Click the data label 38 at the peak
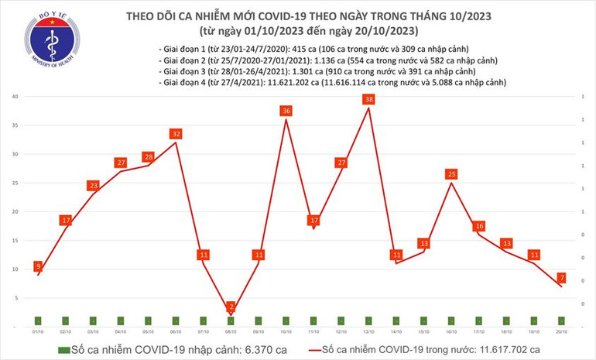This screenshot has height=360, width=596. (368, 100)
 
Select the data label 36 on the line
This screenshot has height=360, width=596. (286, 111)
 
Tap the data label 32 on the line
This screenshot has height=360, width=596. (176, 134)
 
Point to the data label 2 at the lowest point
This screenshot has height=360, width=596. (231, 307)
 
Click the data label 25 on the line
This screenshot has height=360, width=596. (451, 174)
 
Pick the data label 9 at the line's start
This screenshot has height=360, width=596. (38, 266)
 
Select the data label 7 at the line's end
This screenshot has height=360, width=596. (561, 277)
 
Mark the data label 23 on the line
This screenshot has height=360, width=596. (93, 186)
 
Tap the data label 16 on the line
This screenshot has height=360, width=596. (479, 226)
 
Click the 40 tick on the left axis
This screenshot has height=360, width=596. (15, 97)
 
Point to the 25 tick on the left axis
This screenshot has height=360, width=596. (15, 183)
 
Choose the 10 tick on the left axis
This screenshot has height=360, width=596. (15, 269)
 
